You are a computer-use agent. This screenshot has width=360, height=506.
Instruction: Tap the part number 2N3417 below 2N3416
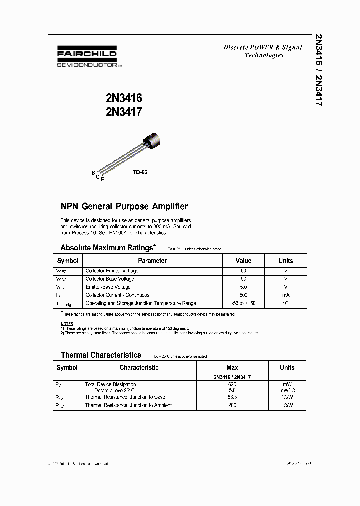(124, 112)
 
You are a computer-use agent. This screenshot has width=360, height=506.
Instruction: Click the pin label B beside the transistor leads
(93, 173)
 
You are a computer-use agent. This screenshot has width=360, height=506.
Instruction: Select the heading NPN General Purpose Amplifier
(124, 206)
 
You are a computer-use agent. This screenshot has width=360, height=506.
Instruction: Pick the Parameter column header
(152, 260)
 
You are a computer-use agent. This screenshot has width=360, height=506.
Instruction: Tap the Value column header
(243, 260)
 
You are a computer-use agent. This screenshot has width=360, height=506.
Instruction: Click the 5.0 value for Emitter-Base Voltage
(243, 287)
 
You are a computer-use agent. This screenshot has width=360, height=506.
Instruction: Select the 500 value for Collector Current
(243, 295)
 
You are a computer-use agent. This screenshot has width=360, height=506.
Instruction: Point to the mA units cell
(286, 295)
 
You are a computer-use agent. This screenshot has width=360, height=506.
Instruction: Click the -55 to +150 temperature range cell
(243, 303)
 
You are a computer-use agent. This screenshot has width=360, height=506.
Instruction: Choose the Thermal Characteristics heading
(101, 355)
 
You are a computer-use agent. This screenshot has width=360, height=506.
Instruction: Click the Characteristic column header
(139, 368)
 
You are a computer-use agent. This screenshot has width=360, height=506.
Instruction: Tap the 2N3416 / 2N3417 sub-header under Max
(232, 377)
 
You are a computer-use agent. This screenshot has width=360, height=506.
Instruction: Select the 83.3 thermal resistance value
(232, 397)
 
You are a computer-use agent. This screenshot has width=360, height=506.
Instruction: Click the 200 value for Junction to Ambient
(232, 405)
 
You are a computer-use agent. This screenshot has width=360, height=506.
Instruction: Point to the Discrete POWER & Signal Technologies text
(263, 51)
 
